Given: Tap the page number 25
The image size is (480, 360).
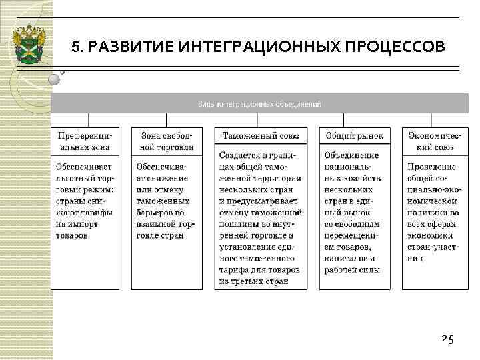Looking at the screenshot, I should (447, 339).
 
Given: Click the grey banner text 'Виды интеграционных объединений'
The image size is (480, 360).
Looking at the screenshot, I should (259, 104).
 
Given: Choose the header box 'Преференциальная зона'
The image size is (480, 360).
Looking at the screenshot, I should (84, 141).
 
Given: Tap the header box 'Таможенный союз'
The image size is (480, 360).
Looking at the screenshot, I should (259, 136).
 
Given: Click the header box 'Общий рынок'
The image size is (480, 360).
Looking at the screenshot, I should (354, 136).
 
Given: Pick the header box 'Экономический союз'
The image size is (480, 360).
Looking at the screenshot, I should (431, 141).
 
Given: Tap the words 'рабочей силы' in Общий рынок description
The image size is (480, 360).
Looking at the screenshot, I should (351, 270).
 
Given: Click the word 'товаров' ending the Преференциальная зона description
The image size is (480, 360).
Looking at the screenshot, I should (76, 235).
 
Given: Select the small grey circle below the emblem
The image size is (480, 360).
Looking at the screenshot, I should (55, 79).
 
